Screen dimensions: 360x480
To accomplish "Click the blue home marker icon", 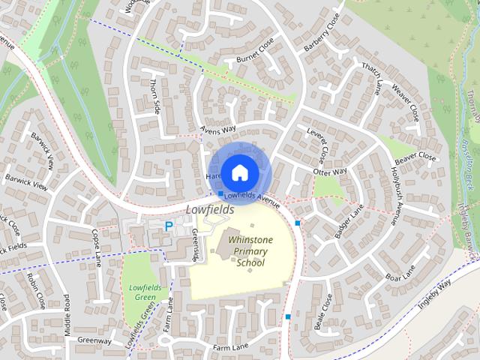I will click(x=239, y=172).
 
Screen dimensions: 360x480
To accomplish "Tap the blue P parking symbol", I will click(x=169, y=225).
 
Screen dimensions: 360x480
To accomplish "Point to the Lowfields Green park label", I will click(x=141, y=292).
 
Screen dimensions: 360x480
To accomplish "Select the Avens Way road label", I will click(x=218, y=129).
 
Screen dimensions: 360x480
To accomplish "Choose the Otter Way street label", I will click(x=330, y=172).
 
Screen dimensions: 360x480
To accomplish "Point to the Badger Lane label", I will click(x=349, y=226).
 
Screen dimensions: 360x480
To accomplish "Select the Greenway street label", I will click(x=94, y=340).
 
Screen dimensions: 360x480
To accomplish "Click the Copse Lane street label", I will click(x=96, y=248).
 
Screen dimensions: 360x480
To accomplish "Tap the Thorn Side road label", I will click(x=156, y=96).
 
